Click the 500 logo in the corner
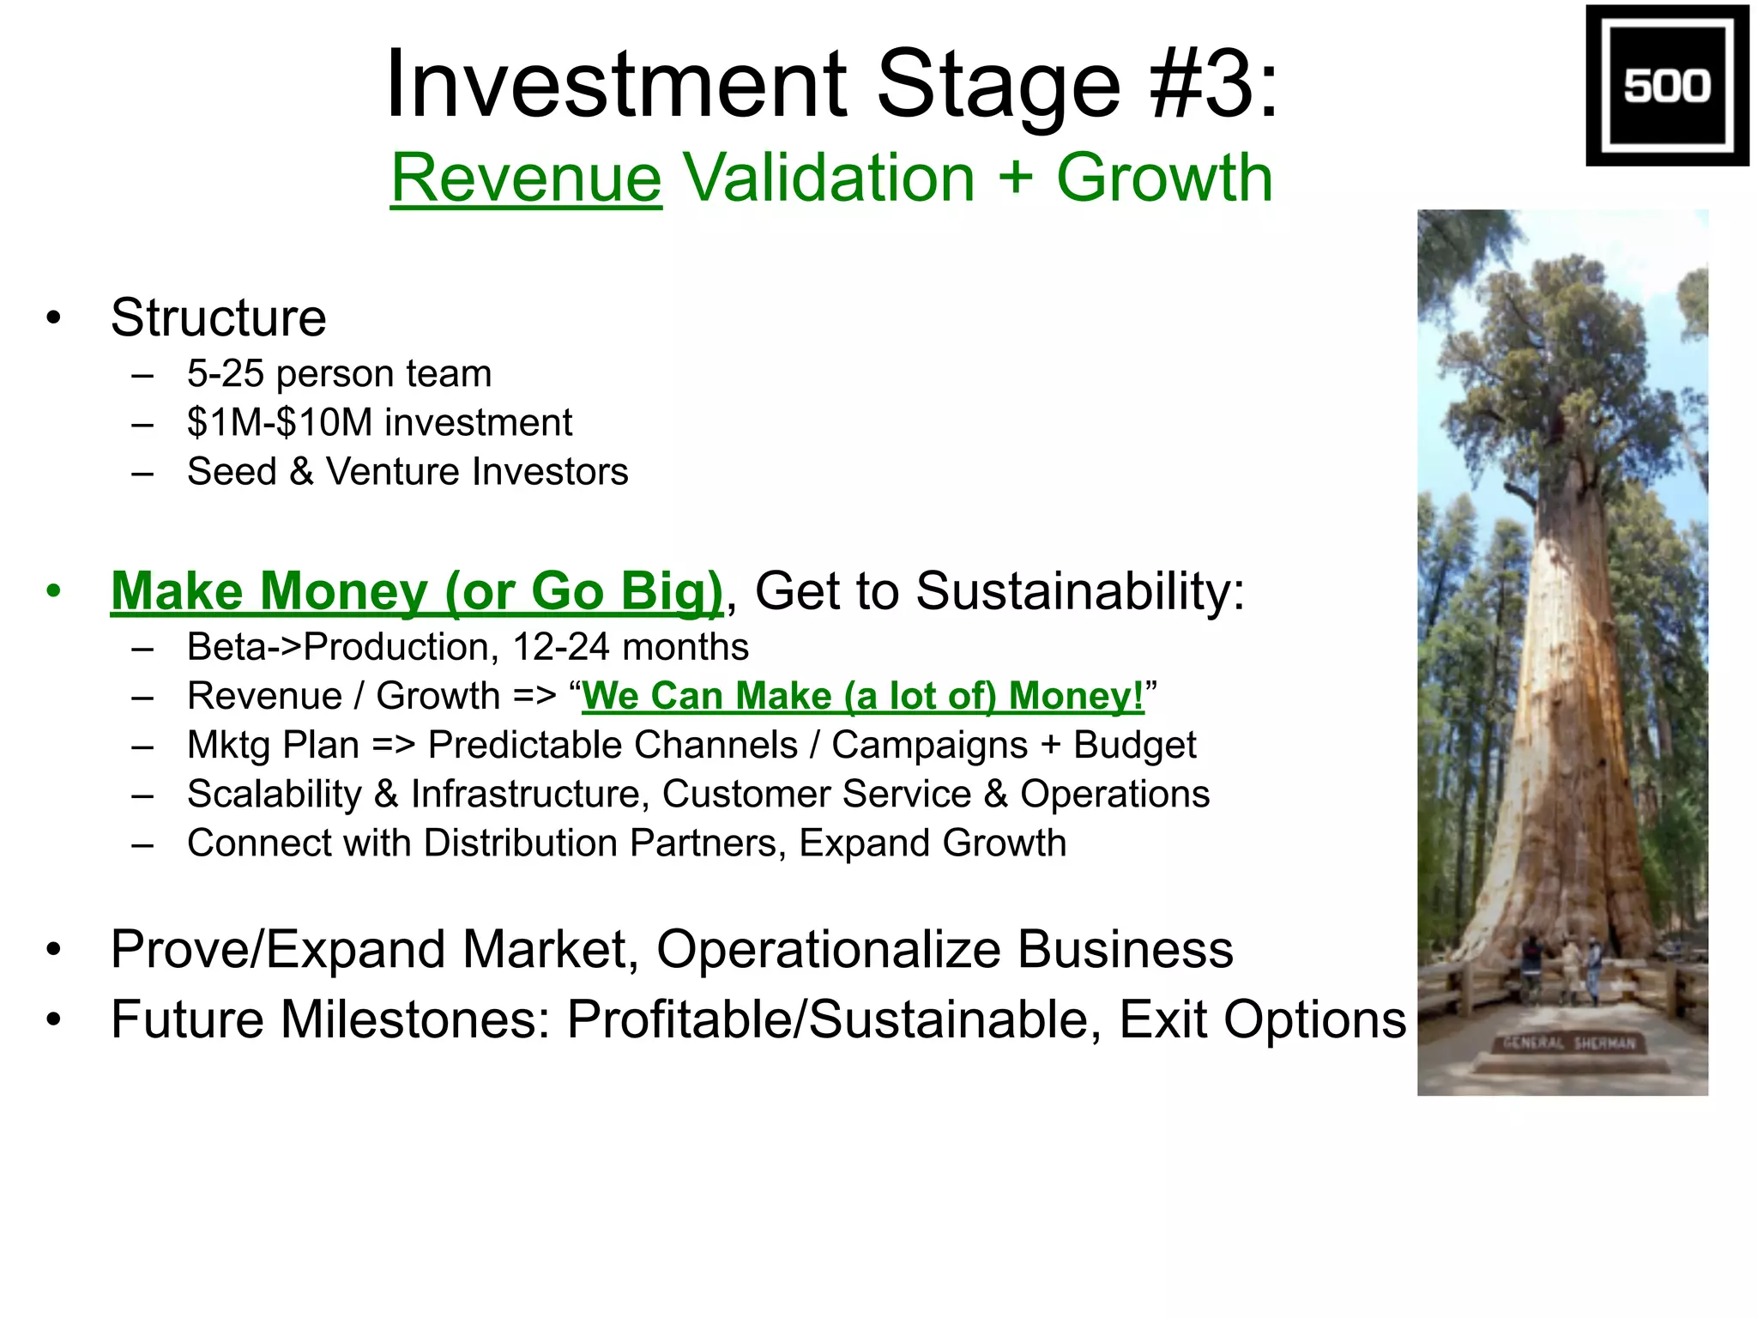(1666, 85)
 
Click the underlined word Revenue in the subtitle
(526, 178)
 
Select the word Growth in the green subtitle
(1164, 178)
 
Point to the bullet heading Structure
(218, 318)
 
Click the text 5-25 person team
(339, 374)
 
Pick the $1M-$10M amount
(280, 423)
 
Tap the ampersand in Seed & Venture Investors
(301, 472)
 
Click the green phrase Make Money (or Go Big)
(417, 591)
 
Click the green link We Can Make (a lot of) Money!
(862, 696)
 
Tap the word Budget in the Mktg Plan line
(1134, 745)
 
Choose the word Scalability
(275, 795)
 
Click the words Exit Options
(1262, 1019)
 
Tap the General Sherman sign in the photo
(1569, 1044)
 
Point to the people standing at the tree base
(1561, 970)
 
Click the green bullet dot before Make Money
(54, 591)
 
